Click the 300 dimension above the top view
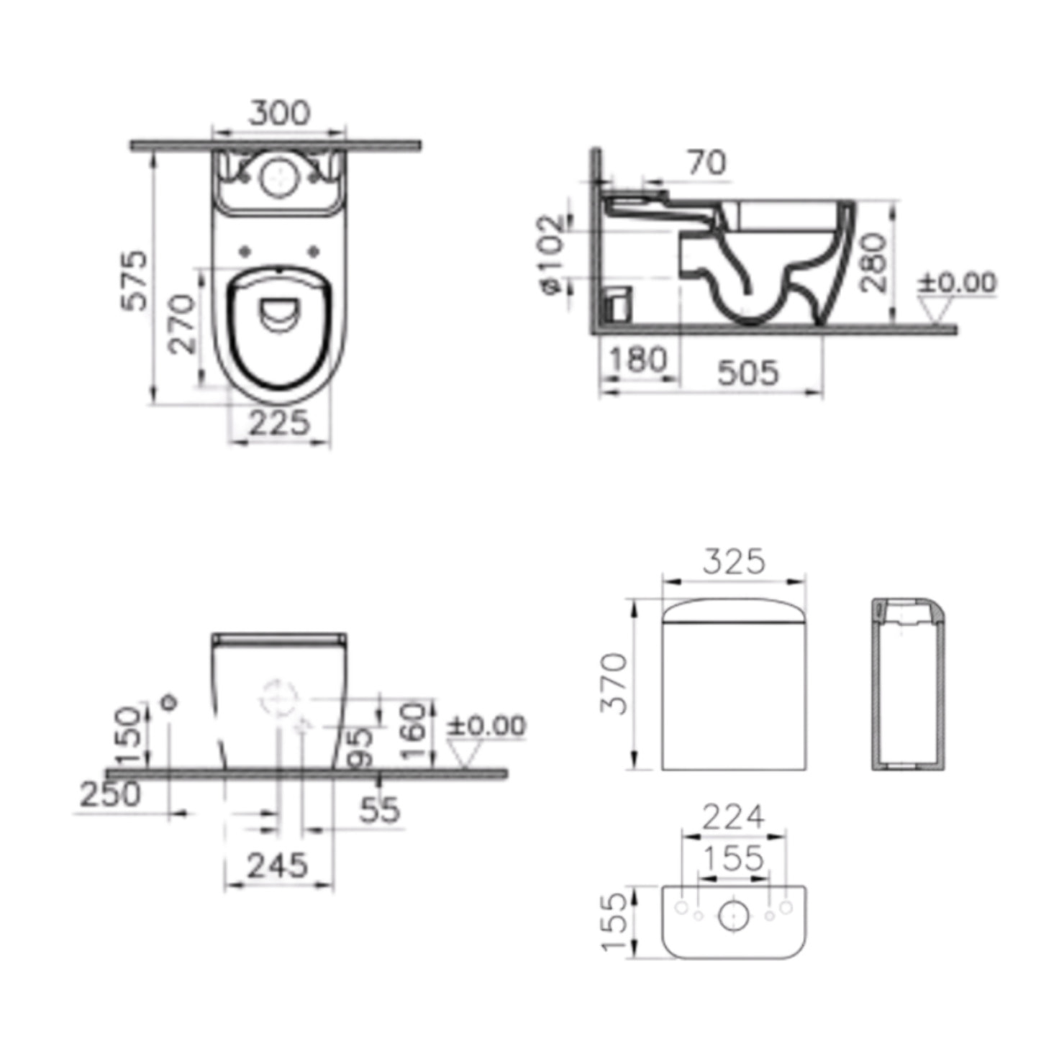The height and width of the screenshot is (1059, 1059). (x=280, y=113)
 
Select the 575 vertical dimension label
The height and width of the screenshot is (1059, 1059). (x=135, y=281)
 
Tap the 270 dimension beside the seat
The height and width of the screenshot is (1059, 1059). (x=183, y=324)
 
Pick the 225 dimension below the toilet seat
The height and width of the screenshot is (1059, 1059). (x=280, y=422)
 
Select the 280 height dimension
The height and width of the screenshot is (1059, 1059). (x=873, y=262)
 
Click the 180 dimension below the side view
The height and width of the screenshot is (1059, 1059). (x=638, y=360)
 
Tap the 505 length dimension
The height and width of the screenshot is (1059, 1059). (x=748, y=373)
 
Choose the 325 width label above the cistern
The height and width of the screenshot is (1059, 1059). (x=734, y=561)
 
